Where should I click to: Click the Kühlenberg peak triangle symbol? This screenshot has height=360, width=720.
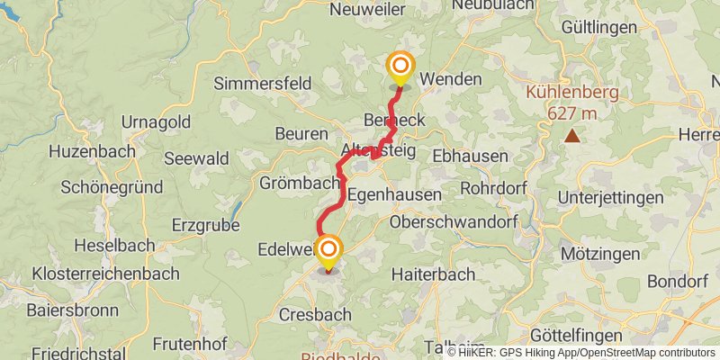pos(571,136)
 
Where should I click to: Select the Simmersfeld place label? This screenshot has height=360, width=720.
pos(262,84)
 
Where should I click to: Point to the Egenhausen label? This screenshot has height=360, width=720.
pos(394,194)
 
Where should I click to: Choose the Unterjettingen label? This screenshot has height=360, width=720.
pos(610,197)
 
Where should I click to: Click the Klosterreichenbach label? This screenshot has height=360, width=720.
pos(94,273)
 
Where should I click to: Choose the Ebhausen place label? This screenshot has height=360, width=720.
pos(470,155)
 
